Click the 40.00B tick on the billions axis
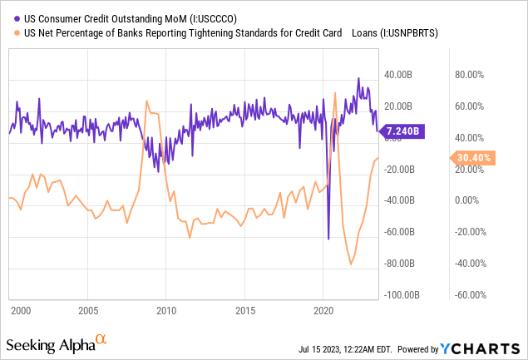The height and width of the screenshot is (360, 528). click(398, 75)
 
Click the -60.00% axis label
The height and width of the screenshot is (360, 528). click(469, 295)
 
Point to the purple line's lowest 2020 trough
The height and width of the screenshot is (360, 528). click(328, 239)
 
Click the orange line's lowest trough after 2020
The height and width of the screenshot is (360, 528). click(351, 264)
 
